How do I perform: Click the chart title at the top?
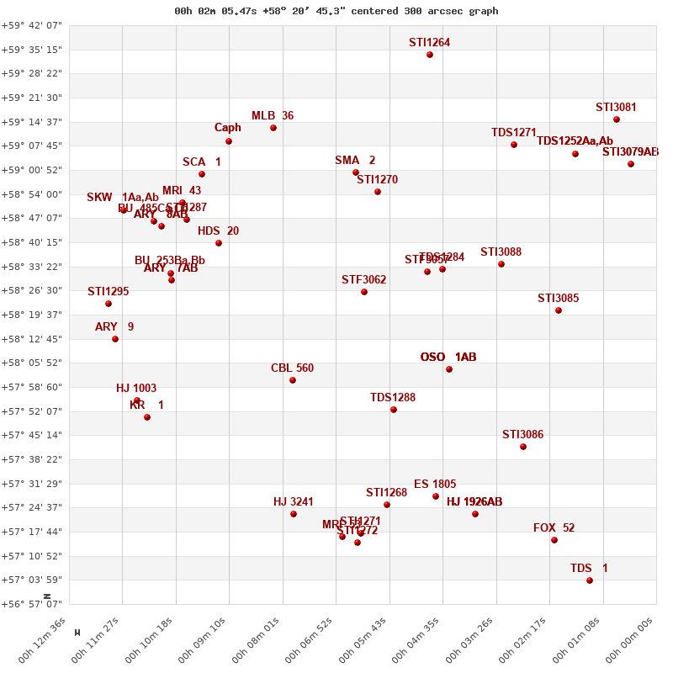336,11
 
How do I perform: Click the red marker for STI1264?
430,55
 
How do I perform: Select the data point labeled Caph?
229,141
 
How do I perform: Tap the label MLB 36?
273,116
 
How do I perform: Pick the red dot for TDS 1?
590,580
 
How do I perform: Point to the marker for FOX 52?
554,540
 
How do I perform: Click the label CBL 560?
292,368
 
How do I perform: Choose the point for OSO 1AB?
449,369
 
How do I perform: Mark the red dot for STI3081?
617,119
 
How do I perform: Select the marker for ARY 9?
115,339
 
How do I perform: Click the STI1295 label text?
109,292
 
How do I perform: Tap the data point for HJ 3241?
294,514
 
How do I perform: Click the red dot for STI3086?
523,447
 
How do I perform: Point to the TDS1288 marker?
394,410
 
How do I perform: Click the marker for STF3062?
364,292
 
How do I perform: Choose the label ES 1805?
435,485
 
